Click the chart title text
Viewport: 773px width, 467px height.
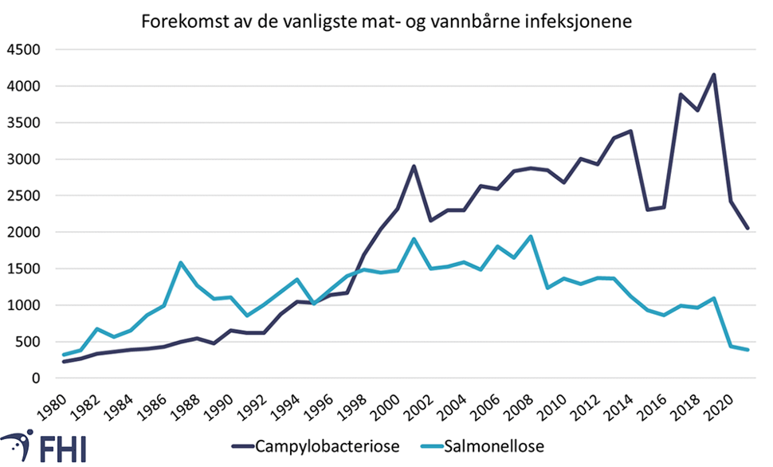(x=386, y=22)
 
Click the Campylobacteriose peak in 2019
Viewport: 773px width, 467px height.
(x=713, y=75)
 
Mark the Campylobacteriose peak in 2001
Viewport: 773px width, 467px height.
(x=414, y=167)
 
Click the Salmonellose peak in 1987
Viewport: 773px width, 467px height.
(x=181, y=262)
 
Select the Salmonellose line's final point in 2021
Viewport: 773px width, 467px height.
(x=747, y=350)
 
